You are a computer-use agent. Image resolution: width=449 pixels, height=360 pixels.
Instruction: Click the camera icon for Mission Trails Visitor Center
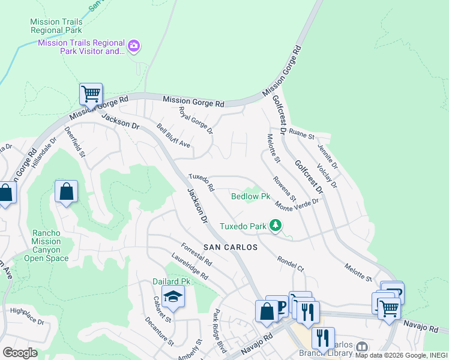(x=134, y=46)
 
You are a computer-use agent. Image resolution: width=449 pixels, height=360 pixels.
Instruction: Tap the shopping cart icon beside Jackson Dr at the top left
(x=91, y=94)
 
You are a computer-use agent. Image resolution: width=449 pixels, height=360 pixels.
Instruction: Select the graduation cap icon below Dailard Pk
(x=173, y=298)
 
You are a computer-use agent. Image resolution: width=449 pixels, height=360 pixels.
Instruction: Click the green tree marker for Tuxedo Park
(x=276, y=226)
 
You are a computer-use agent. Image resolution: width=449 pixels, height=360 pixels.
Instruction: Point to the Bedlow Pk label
(x=251, y=196)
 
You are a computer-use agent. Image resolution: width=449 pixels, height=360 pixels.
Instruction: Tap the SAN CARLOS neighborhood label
(x=230, y=247)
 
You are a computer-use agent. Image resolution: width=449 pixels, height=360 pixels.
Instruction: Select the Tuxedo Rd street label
(x=201, y=182)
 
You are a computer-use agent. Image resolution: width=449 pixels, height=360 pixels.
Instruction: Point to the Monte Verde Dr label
(x=297, y=204)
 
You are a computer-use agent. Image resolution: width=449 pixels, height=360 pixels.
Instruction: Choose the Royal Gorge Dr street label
(x=196, y=120)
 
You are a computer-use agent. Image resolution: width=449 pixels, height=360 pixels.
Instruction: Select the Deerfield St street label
(x=75, y=142)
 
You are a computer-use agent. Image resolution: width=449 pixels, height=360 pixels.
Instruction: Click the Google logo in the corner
(x=20, y=352)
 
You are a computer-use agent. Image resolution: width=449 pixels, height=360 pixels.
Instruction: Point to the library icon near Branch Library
(x=361, y=347)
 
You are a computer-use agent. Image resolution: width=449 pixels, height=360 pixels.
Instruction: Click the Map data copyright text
(x=401, y=355)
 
